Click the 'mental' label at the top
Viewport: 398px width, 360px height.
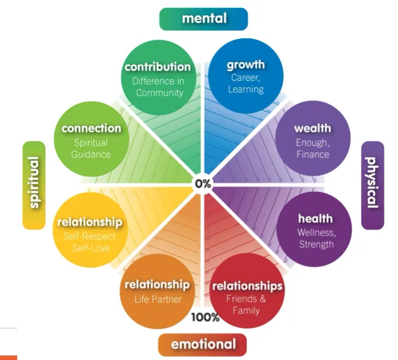[x=203, y=18]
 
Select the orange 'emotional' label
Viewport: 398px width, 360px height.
[x=203, y=345]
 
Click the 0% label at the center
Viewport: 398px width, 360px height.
[x=202, y=183]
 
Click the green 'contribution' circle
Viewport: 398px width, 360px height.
[x=159, y=78]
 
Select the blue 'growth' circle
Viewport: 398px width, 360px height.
[x=247, y=76]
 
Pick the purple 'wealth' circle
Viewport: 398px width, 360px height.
[x=313, y=140]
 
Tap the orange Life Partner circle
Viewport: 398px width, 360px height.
[x=158, y=294]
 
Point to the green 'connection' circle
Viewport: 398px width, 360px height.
[x=91, y=140]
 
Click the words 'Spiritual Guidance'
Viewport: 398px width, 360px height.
[x=91, y=148]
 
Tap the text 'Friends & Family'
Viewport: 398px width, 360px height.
[x=247, y=305]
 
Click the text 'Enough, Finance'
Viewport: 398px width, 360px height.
[x=313, y=148]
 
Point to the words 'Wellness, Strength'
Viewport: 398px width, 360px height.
[x=315, y=239]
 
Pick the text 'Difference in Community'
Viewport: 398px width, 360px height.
[x=159, y=86]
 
